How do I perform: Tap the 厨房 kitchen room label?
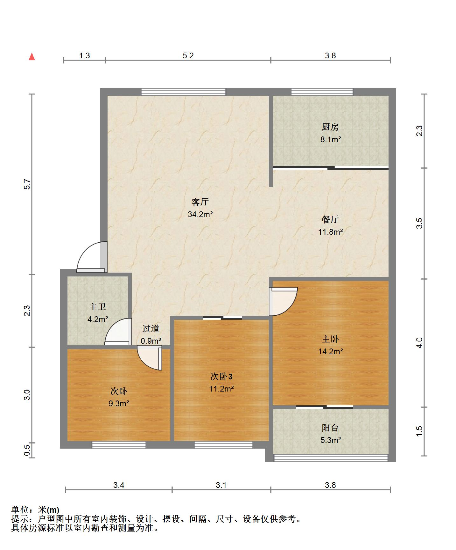pos(330,127)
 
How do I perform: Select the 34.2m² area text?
pos(200,214)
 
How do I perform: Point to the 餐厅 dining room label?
pos(330,219)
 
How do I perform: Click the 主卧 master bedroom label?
pos(330,339)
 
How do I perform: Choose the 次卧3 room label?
pos(221,377)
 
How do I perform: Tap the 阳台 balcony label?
pos(330,428)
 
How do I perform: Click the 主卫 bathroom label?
pos(97,307)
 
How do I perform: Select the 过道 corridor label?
pos(151,328)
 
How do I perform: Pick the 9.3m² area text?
pos(119,403)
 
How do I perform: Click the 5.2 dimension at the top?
pos(188,55)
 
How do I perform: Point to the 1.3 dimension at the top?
pos(84,55)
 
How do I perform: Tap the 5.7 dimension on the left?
pos(27,184)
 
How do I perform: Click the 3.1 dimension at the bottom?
pos(221,485)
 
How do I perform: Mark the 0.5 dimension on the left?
pos(27,450)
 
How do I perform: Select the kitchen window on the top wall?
pos(322,92)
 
